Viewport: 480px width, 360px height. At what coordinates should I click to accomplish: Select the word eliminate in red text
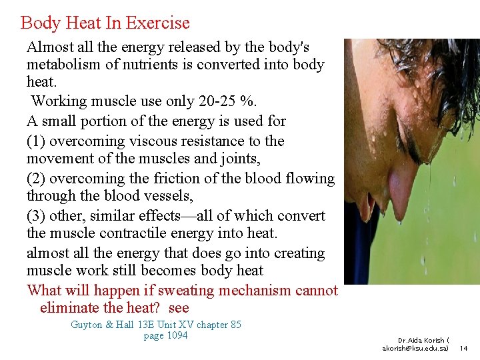pos(69,308)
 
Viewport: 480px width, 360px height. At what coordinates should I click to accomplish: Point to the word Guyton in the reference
pos(87,325)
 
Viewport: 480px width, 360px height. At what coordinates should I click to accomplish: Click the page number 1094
pos(175,335)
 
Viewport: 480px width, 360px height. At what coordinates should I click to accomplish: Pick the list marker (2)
pos(36,179)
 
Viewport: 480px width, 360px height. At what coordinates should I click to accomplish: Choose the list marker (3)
pos(36,216)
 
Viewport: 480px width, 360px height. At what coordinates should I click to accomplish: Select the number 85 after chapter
pos(235,325)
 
